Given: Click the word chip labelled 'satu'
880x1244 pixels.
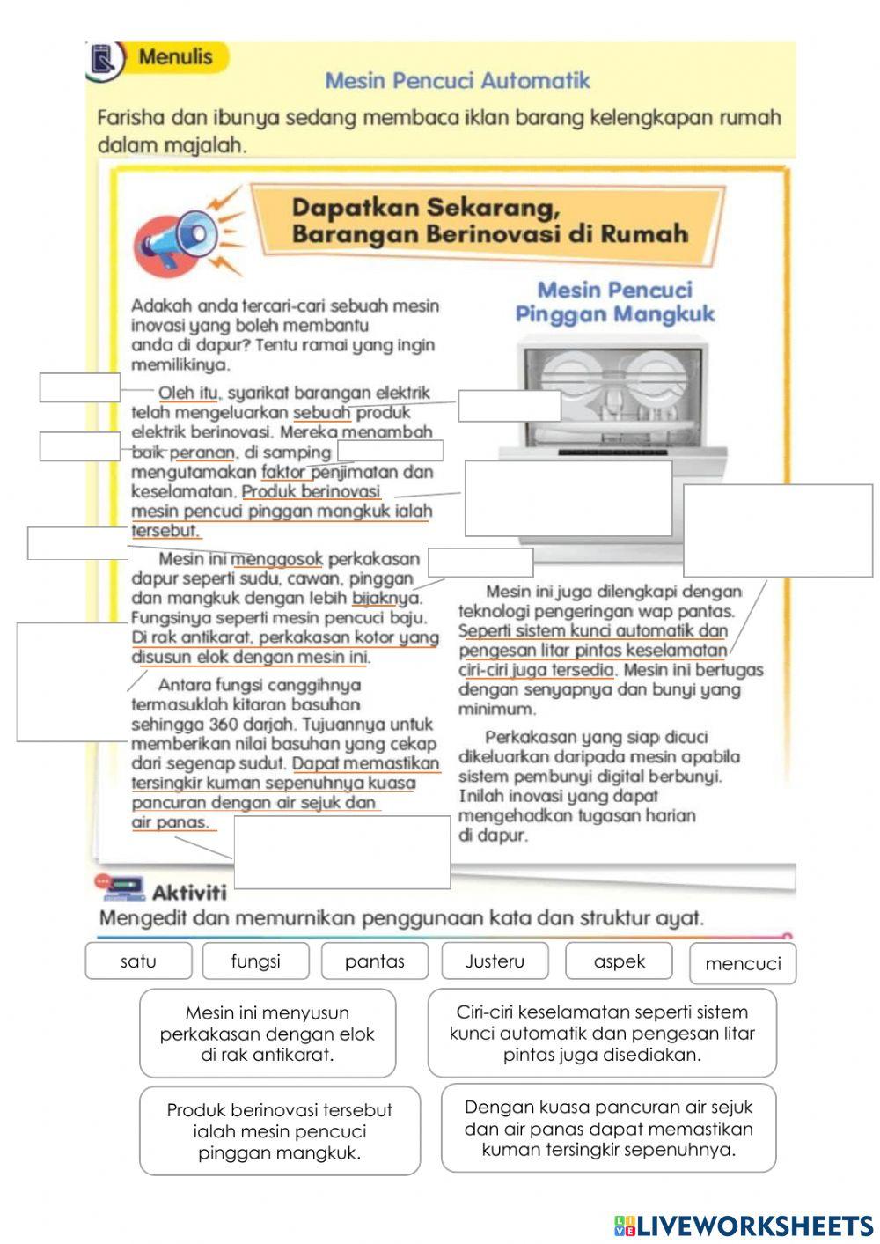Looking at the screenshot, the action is tap(138, 961).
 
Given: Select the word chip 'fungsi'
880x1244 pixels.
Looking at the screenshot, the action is tap(255, 961).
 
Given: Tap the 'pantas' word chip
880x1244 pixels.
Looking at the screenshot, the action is tap(375, 961).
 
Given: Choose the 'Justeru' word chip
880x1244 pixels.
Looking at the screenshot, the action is tap(495, 961).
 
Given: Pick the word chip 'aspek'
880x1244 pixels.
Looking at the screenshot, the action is tap(619, 961).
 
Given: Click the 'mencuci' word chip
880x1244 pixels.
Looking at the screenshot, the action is tap(743, 964).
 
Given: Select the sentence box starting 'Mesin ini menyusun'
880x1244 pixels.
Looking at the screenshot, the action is tap(268, 1034).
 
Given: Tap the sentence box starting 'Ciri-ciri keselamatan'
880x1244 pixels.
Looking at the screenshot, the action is tap(602, 1034).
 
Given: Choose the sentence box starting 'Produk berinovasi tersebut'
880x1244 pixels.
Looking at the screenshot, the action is tap(280, 1131).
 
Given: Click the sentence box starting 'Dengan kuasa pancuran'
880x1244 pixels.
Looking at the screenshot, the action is tap(608, 1129).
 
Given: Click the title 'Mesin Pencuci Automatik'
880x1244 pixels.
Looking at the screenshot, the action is tap(458, 81).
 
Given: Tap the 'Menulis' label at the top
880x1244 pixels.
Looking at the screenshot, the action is tap(175, 57).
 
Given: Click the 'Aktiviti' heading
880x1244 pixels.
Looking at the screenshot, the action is tap(188, 893).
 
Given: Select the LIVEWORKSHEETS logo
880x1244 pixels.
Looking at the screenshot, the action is tap(744, 1226).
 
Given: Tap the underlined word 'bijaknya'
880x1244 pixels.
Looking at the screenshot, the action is tap(386, 599).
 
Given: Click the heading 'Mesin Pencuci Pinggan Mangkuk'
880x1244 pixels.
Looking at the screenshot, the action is tap(614, 302).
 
